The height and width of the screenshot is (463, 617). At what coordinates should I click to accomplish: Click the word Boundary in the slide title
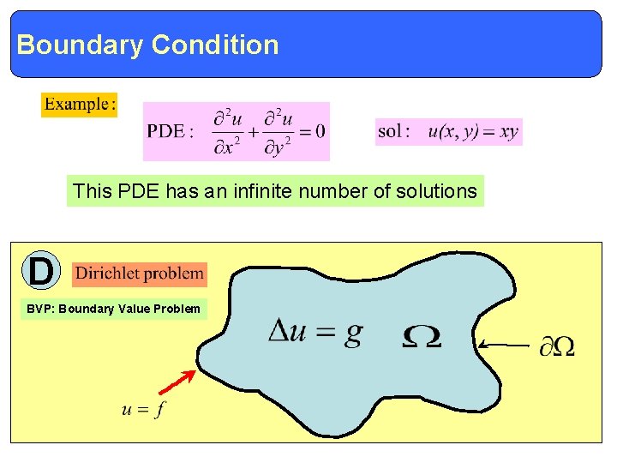(80, 45)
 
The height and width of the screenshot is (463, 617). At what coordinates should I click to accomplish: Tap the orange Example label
(79, 105)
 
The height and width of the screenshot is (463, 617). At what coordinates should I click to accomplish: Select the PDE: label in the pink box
(171, 131)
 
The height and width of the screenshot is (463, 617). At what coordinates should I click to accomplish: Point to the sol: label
(393, 131)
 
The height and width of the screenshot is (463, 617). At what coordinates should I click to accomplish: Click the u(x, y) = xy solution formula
(473, 132)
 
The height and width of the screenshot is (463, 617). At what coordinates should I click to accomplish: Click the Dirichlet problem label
(140, 274)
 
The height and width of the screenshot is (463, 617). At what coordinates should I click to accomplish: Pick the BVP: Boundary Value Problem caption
(113, 309)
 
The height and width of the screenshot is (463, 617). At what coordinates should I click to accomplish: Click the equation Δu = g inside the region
(314, 333)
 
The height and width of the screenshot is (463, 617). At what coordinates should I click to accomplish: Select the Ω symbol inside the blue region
(422, 336)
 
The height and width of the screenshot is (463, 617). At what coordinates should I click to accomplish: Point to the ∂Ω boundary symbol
(556, 346)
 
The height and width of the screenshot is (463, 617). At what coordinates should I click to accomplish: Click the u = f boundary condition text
(143, 409)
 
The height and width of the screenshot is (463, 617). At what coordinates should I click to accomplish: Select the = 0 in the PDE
(311, 131)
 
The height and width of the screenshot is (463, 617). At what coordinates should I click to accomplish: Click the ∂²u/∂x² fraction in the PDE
(228, 131)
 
